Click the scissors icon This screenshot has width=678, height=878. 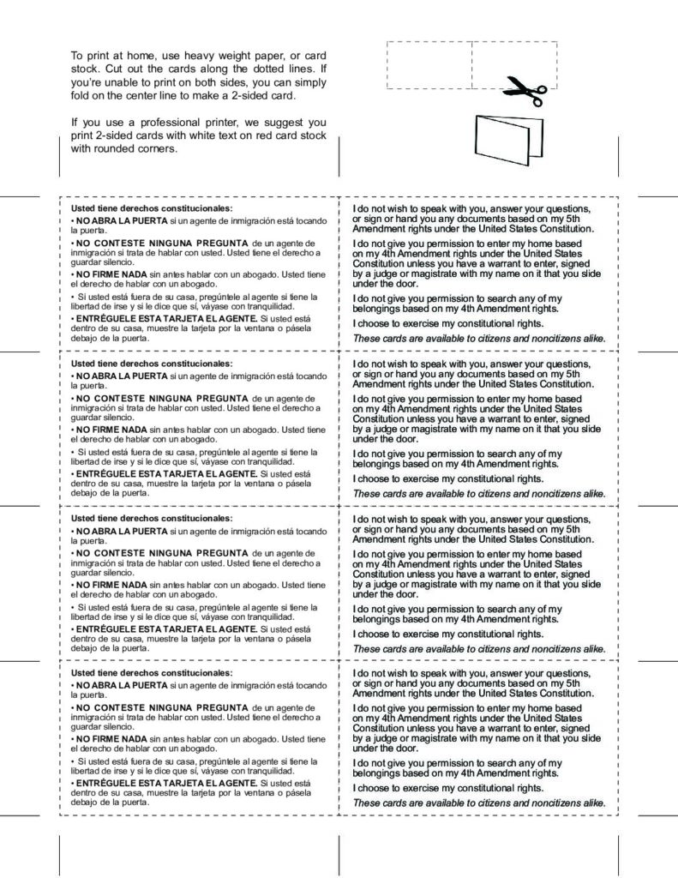525,89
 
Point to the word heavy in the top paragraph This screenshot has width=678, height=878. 199,56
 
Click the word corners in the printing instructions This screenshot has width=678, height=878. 155,147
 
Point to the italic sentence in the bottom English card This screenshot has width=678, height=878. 479,803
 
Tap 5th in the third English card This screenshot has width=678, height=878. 572,529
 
